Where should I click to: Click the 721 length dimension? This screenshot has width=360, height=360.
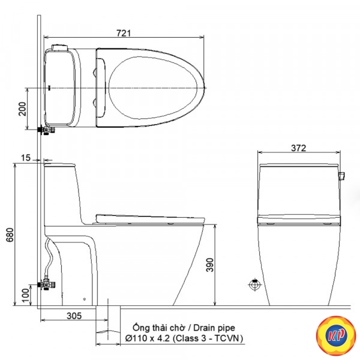point(124,33)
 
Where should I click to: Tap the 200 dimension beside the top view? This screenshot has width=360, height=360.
point(23,109)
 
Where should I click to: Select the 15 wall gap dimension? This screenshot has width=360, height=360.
point(26,158)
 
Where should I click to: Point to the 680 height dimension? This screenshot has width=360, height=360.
point(10,235)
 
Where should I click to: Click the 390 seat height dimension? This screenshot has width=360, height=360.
point(209,265)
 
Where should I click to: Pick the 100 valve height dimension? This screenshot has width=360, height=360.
point(26,295)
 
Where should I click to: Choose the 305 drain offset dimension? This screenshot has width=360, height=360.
point(74,316)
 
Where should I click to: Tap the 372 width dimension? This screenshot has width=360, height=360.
point(298,148)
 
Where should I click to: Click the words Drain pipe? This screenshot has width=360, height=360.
point(214,328)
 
